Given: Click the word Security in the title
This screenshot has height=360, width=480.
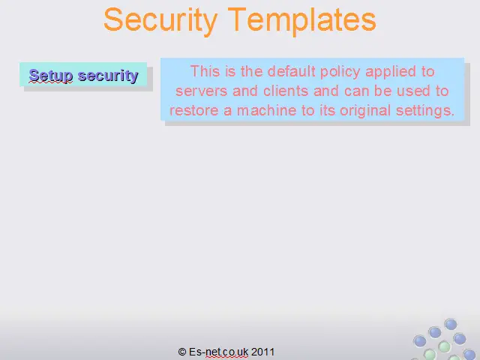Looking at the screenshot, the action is point(160,20).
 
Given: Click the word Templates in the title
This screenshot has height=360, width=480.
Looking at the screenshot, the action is point(302,20).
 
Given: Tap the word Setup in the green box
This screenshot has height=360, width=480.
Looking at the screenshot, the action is point(51,76).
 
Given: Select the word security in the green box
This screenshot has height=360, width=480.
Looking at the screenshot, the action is point(108,76).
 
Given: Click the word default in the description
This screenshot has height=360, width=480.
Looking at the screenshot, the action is point(292,71).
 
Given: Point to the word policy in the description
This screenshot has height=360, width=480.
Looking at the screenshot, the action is point(340,72).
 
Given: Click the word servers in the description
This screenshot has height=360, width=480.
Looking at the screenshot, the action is point(202,91).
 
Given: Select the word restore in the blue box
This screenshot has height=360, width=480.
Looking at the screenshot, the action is point(194,110).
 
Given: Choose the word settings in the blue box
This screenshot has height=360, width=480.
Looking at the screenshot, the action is point(425,111).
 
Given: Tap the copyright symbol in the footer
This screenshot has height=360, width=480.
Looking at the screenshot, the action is point(182,352).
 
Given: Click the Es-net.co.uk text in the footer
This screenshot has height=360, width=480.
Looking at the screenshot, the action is point(218,352).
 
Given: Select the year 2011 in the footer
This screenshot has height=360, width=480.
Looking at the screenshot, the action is point(262,352).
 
